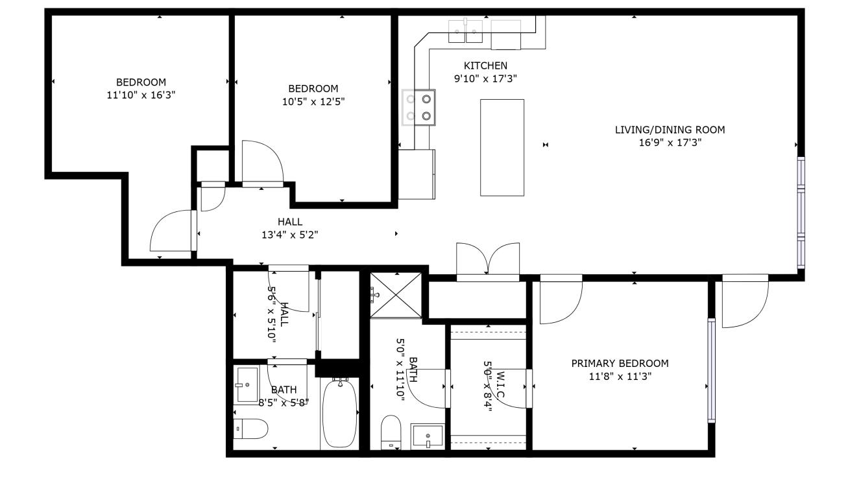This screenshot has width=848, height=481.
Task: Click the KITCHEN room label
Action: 485,66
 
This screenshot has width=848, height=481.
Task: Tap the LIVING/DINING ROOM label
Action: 670,130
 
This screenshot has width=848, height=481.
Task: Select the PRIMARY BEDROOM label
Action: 620,364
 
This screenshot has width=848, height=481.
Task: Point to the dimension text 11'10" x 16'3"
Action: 141,95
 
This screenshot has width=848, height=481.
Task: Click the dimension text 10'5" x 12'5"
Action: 313,101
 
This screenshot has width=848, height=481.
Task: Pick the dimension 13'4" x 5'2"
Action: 289,235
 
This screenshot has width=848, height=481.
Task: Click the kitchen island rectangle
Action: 502,148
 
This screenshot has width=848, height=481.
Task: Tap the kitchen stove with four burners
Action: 418,108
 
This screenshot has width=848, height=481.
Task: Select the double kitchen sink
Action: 465,31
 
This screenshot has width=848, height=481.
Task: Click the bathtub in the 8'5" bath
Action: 339,414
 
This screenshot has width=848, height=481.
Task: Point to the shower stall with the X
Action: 396,295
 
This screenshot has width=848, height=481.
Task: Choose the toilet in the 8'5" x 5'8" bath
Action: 250,428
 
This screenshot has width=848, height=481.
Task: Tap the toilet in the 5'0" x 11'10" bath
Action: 391,432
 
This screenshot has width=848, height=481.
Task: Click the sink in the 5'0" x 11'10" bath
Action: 428,436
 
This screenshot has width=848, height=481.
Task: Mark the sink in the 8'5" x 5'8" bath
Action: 247,385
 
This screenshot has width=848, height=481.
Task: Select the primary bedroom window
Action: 712,371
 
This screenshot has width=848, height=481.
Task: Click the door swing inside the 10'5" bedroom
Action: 263,163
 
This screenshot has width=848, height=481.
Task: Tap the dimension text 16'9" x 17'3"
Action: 670,143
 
